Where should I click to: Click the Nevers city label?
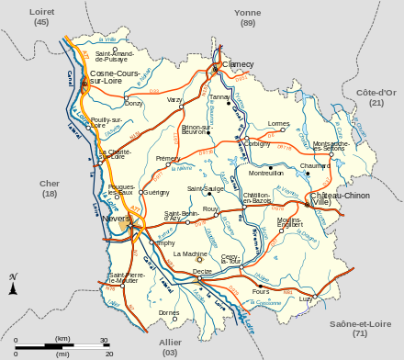point(116,219)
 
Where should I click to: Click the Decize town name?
point(203,271)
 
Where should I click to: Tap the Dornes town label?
point(169,312)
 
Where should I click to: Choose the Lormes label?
point(278,122)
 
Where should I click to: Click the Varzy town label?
point(175,99)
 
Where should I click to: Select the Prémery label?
point(168,158)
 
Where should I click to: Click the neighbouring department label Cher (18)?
point(50,188)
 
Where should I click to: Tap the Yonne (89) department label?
point(247,17)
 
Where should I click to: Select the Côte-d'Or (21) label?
point(376,97)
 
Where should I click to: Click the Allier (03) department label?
point(170,346)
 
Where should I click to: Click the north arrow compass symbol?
point(13,285)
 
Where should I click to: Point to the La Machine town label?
point(190,253)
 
